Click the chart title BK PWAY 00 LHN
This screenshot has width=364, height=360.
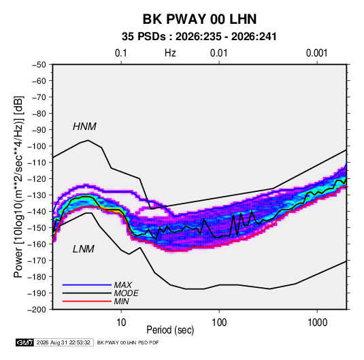tap(199, 19)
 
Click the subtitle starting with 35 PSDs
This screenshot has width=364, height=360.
tap(199, 37)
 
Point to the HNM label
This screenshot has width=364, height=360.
tap(84, 127)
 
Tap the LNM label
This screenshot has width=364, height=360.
tap(84, 249)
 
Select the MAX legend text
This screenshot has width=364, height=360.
tap(123, 284)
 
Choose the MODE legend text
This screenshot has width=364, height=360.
tap(127, 293)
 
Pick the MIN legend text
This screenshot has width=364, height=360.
tap(121, 301)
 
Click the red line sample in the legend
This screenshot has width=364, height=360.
tap(87, 301)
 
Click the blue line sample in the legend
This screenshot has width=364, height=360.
tap(87, 284)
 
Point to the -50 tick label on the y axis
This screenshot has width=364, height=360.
tap(39, 65)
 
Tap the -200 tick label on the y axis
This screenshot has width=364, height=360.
tap(37, 310)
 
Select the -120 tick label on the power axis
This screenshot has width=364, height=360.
tap(37, 179)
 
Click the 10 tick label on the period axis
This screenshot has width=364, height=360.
tap(121, 323)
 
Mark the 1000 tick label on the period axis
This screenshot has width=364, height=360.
tap(317, 323)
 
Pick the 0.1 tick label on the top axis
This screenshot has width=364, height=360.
tap(121, 53)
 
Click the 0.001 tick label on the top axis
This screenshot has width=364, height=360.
tap(316, 53)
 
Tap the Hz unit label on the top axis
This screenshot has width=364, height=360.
tap(170, 53)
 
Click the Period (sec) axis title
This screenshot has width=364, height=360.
tap(170, 330)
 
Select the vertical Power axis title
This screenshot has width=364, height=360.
tap(18, 187)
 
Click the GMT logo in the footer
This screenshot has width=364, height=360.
tap(24, 342)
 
